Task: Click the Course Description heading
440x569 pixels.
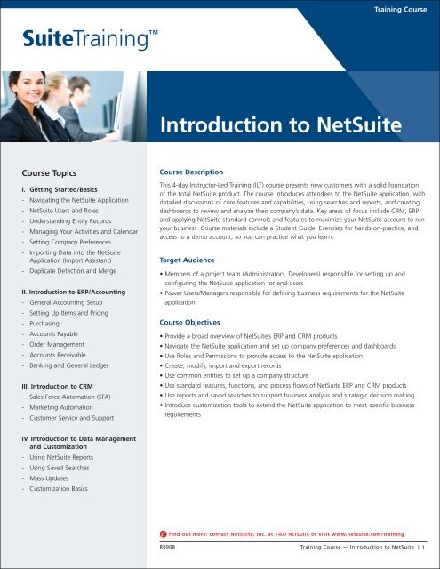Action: pyautogui.click(x=198, y=172)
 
